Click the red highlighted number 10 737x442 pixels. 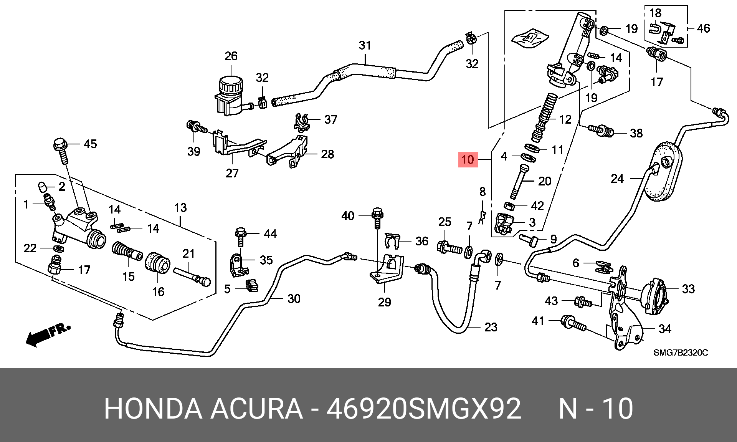[468, 159]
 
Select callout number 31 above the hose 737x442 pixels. [365, 46]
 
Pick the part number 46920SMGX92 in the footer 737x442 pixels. [423, 409]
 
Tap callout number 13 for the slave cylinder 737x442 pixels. [180, 208]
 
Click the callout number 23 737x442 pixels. [491, 327]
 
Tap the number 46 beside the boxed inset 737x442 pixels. [703, 28]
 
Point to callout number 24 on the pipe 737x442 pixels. [617, 179]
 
